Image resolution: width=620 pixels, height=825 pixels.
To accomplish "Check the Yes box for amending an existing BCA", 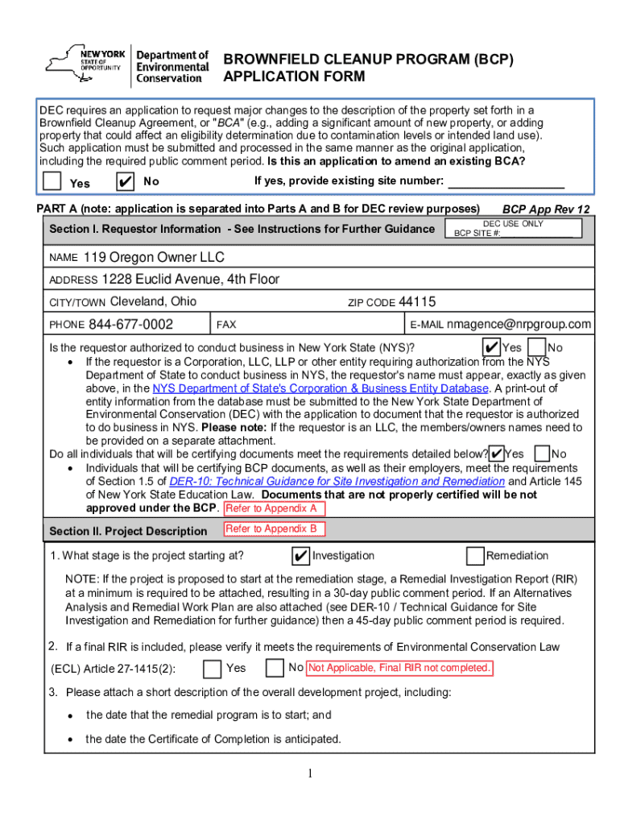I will (52, 181).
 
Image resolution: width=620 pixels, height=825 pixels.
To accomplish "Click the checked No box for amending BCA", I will (125, 181).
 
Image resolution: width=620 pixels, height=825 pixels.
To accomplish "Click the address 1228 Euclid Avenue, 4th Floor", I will (190, 280).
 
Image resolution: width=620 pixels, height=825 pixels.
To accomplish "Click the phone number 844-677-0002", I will (130, 325).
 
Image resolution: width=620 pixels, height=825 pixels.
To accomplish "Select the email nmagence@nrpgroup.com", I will (519, 325).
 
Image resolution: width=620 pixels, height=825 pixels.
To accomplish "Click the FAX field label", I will (226, 325).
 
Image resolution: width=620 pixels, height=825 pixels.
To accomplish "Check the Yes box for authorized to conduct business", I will (490, 347).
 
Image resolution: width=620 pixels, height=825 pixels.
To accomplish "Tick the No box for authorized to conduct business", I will (535, 347).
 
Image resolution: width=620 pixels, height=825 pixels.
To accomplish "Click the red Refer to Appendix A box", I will (275, 509).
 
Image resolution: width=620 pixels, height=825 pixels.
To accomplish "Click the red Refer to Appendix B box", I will (275, 529).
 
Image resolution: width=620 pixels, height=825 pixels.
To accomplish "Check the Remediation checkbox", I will (475, 556).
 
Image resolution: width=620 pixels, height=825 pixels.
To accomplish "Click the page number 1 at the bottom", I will (310, 775).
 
